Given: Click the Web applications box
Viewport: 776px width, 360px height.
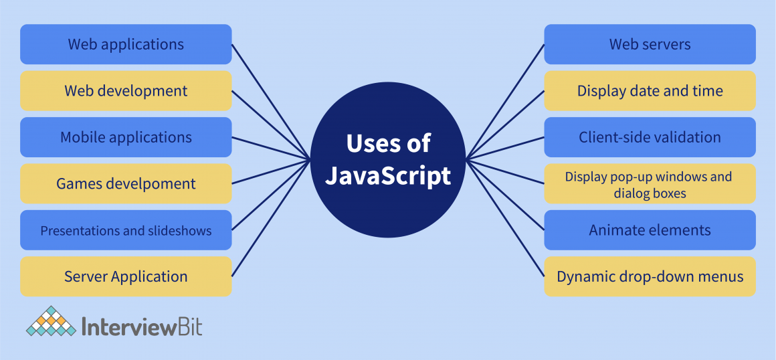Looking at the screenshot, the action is [x=126, y=45].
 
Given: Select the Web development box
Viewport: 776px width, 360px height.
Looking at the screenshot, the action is [x=126, y=91].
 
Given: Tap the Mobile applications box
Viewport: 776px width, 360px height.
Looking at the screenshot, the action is [x=126, y=137].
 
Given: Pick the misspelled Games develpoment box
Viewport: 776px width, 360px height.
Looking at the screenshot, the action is [x=126, y=183].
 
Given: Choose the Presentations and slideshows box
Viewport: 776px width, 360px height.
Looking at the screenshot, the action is [x=126, y=230].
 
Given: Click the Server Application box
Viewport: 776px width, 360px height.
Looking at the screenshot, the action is [x=126, y=276].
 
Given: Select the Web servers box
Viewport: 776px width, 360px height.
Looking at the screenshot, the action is [x=650, y=45].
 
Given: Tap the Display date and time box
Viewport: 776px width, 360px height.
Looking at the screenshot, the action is [x=650, y=91].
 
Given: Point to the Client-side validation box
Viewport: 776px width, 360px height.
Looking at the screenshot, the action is [x=650, y=137].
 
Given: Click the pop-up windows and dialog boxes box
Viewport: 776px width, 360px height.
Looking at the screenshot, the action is [x=650, y=185].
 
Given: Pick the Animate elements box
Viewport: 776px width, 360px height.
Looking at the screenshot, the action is [x=650, y=230].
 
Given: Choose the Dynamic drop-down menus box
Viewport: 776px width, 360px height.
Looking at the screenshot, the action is [x=650, y=276].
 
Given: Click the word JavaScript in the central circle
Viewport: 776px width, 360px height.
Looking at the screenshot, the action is [x=388, y=177].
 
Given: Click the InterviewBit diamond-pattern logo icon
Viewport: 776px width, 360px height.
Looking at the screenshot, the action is [x=51, y=321].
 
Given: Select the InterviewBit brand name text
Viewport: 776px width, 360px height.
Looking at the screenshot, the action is [x=141, y=327].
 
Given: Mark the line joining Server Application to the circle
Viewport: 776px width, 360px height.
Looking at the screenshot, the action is [x=270, y=218].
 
